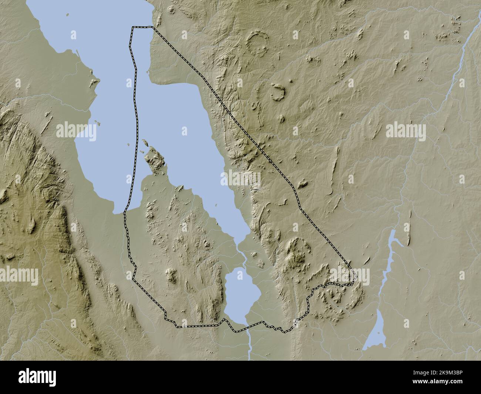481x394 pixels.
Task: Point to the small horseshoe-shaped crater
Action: (x=277, y=92)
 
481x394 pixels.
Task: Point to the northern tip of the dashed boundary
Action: (x=142, y=27)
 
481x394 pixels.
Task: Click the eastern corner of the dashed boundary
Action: (x=354, y=277)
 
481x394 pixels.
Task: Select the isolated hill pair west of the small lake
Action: (x=172, y=276)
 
